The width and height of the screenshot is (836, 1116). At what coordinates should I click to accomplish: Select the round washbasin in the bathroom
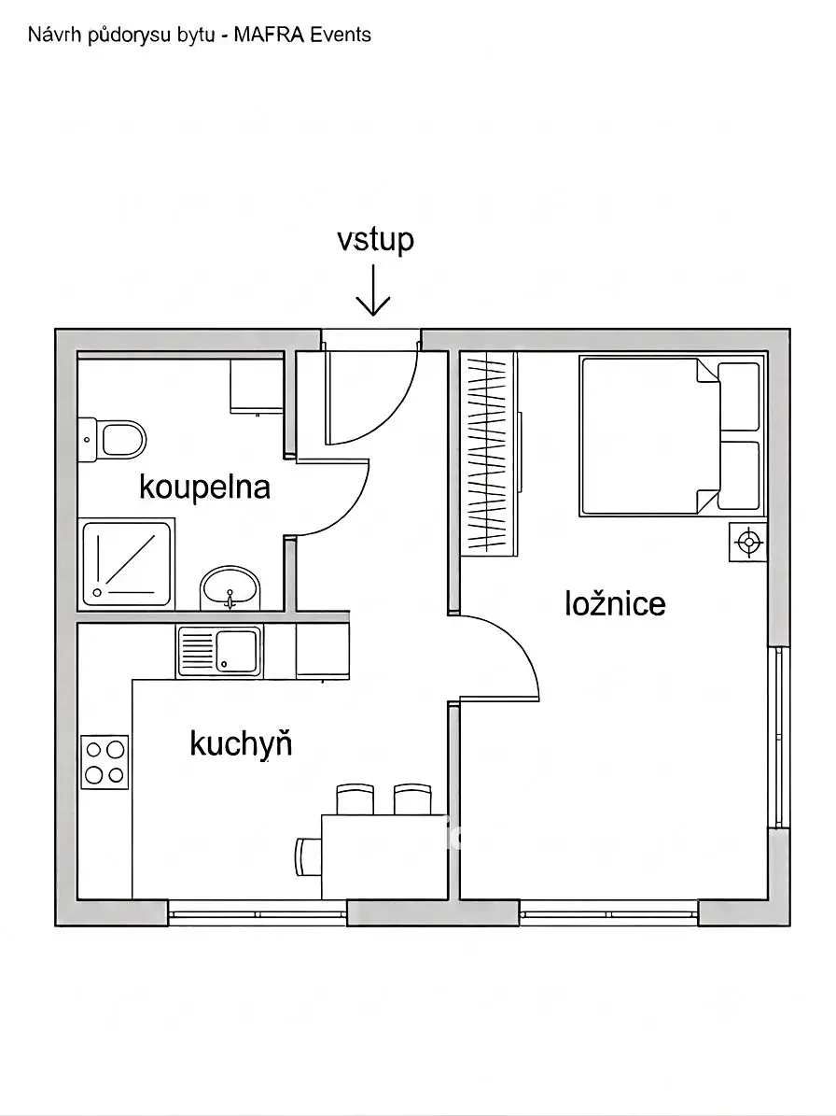tap(230, 588)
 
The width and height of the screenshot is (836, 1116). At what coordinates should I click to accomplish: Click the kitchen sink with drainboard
tap(219, 652)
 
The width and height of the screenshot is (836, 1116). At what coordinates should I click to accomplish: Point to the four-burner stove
tap(104, 762)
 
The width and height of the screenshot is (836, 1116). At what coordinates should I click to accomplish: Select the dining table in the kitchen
tap(383, 857)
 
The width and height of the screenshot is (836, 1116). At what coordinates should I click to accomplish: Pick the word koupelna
tap(204, 488)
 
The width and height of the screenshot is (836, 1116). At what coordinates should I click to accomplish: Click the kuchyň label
tap(241, 743)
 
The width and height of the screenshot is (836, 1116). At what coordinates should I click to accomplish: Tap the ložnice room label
tap(616, 603)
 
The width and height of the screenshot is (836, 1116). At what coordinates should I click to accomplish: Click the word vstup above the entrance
tap(375, 240)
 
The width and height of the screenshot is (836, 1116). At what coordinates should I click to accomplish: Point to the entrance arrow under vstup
tap(373, 290)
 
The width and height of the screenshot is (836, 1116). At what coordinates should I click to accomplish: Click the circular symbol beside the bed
tap(748, 543)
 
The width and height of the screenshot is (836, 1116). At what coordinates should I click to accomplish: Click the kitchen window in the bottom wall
tap(258, 913)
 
